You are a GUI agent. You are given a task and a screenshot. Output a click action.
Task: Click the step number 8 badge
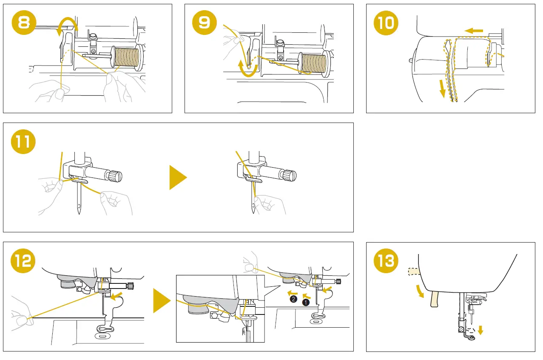click(x=24, y=23)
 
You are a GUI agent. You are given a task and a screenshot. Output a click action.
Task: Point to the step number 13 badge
click(x=386, y=261)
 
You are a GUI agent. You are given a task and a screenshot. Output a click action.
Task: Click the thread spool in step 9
click(x=313, y=63)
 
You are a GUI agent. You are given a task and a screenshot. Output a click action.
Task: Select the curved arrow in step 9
click(x=248, y=71)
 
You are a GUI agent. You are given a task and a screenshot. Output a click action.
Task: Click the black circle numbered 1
click(x=305, y=303)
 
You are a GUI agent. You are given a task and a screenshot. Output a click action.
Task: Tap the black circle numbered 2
click(x=293, y=300)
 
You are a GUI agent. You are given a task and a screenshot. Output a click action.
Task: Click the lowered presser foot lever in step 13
click(x=435, y=299)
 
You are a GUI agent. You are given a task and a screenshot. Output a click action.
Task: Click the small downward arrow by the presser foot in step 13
click(x=480, y=330)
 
